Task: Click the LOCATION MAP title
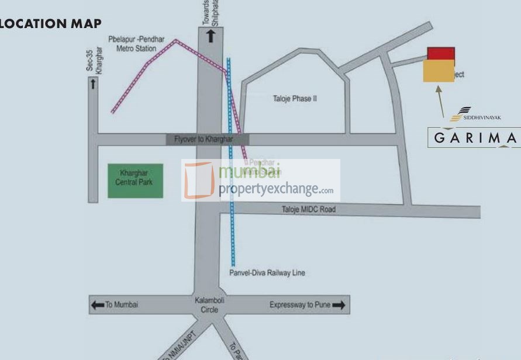click(x=50, y=24)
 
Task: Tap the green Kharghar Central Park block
click(x=135, y=181)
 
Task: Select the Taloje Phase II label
click(x=295, y=99)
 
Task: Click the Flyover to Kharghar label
click(x=203, y=139)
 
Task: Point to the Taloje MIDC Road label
click(x=309, y=209)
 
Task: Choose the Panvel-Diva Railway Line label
click(x=267, y=273)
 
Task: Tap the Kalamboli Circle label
click(x=209, y=304)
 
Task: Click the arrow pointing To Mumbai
click(x=97, y=304)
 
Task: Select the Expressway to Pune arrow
click(x=339, y=304)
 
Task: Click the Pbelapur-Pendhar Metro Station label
click(x=136, y=44)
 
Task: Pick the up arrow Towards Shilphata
click(x=211, y=36)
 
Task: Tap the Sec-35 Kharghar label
click(x=90, y=61)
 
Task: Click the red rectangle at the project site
click(x=441, y=54)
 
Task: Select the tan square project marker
click(x=439, y=71)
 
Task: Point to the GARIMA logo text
click(x=475, y=138)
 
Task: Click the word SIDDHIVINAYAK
click(x=482, y=117)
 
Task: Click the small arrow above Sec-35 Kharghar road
click(x=93, y=84)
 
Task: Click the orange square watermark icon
click(x=199, y=180)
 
